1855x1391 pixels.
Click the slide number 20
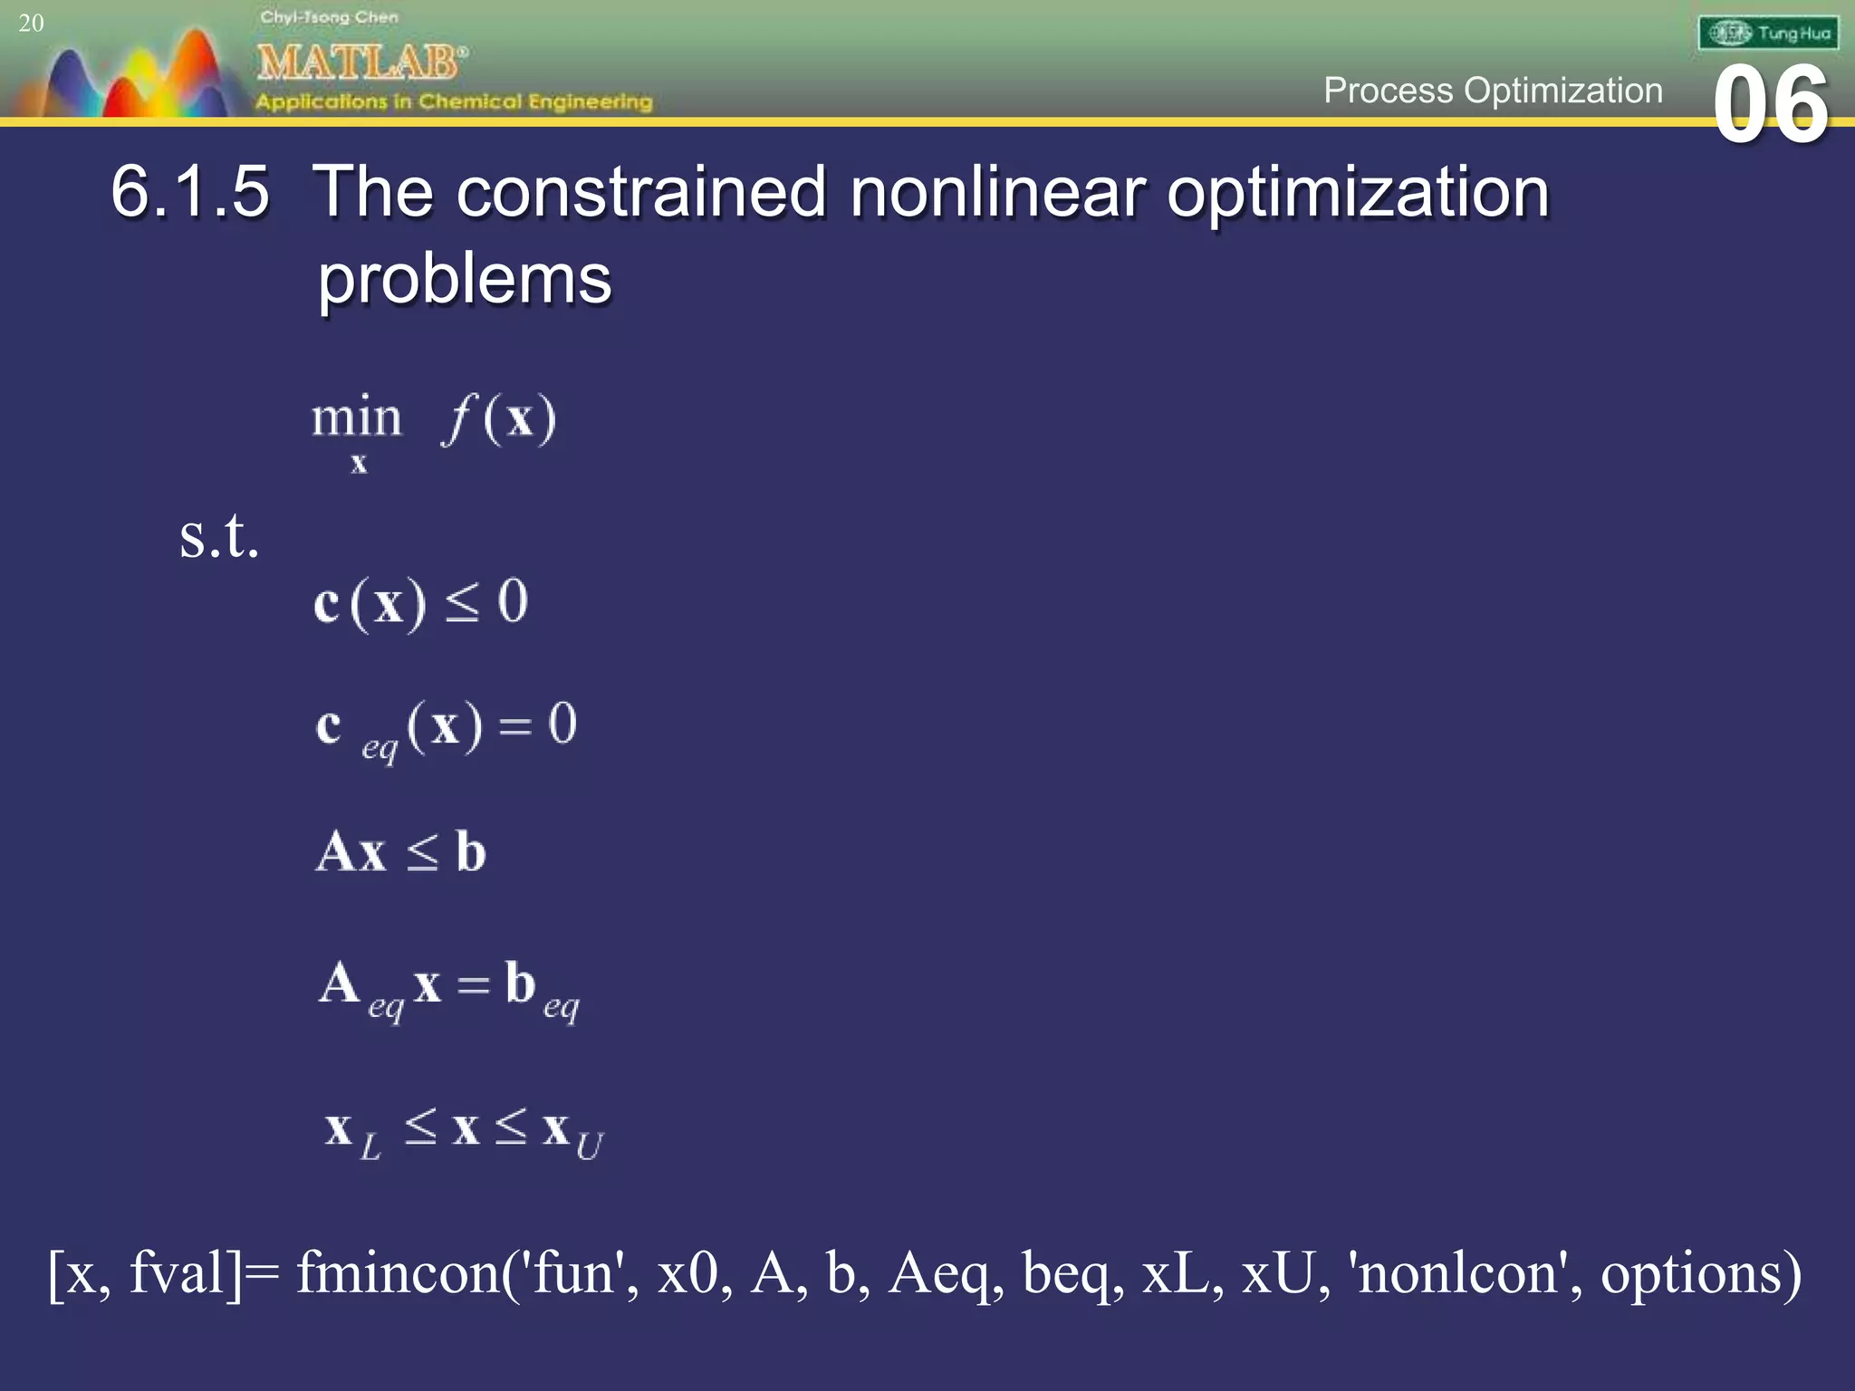click(31, 23)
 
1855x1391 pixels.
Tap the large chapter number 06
click(1771, 106)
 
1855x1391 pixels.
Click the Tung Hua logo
click(1768, 34)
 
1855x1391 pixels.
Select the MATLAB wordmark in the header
click(360, 62)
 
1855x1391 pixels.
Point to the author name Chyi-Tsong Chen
click(329, 17)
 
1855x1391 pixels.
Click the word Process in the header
click(1388, 91)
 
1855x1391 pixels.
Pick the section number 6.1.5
click(190, 192)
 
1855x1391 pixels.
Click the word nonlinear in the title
click(997, 192)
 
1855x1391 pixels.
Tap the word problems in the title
click(465, 279)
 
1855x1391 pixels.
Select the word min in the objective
click(356, 418)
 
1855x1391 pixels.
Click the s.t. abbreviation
click(219, 536)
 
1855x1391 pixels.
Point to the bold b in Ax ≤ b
click(470, 852)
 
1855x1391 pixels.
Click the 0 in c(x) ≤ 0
click(513, 600)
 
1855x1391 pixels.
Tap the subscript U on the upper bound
click(589, 1147)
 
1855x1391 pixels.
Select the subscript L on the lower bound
click(370, 1148)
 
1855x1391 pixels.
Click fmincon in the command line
click(407, 1273)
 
